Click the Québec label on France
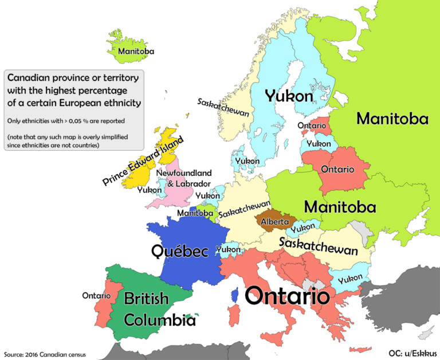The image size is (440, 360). (x=179, y=251)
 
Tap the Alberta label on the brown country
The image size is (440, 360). (x=273, y=221)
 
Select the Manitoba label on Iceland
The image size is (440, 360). (x=136, y=52)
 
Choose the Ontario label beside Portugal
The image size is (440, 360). (x=96, y=295)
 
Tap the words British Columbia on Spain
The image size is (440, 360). (x=151, y=310)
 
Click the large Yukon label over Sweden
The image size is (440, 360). (x=289, y=96)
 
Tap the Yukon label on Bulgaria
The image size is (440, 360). (x=350, y=279)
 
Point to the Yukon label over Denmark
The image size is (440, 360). (x=247, y=162)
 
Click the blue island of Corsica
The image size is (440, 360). (x=234, y=295)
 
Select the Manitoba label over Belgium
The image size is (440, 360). (x=195, y=213)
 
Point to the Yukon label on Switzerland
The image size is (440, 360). (x=228, y=249)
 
